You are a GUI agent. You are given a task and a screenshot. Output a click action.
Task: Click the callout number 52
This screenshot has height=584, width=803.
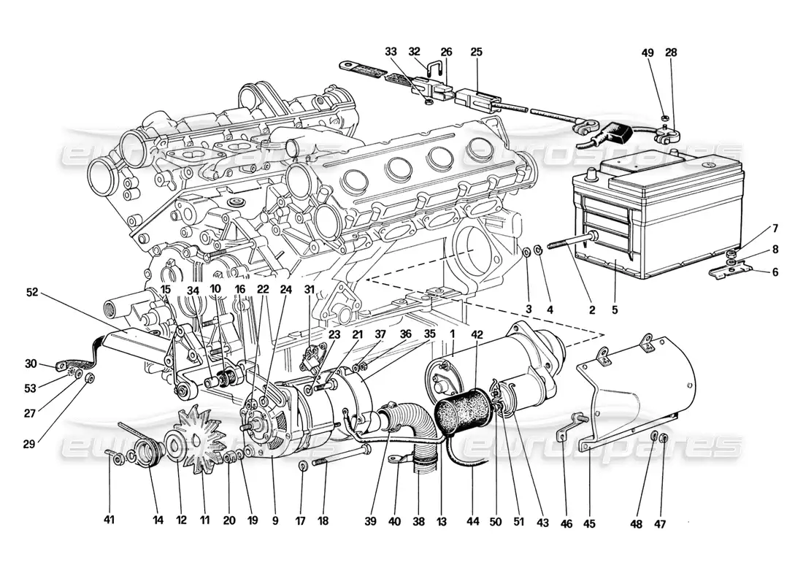31,292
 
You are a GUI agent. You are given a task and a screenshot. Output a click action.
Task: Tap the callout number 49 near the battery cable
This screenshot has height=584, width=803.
648,52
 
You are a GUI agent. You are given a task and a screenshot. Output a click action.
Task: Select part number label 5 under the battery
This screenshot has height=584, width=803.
615,310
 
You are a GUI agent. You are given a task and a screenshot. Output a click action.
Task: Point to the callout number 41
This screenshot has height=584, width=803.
109,520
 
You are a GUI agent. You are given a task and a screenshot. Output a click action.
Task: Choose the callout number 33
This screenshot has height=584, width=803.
391,52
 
